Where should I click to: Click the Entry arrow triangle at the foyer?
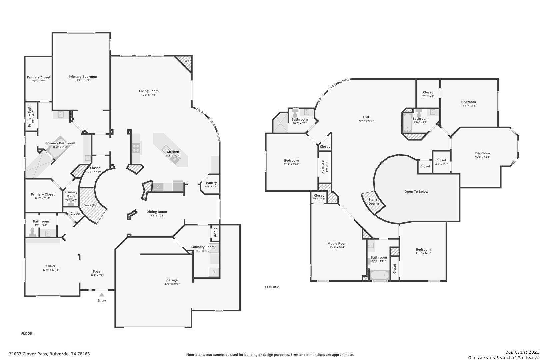point(102,295)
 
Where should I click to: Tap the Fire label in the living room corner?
point(186,61)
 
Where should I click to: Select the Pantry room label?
point(211,183)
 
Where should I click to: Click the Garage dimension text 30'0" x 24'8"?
point(172,284)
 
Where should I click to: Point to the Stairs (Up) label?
point(90,205)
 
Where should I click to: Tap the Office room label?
point(51,266)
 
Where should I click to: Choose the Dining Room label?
point(157,212)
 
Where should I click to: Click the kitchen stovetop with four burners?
point(136,148)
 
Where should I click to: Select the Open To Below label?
point(416,192)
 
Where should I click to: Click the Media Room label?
point(337,244)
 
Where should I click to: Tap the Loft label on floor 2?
point(366,117)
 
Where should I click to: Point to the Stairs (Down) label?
point(373,202)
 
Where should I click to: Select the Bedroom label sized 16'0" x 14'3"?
point(482,153)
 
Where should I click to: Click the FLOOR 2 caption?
point(272,287)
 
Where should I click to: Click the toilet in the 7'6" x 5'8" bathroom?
point(32,231)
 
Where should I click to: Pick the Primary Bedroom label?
point(83,77)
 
